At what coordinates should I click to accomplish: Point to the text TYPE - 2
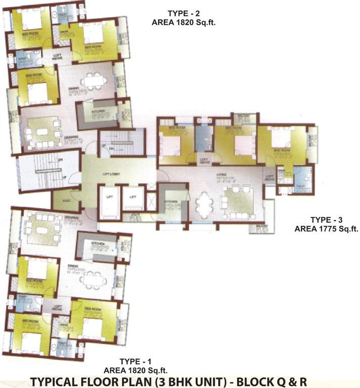pyautogui.click(x=175, y=13)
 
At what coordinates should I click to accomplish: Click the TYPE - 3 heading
pyautogui.click(x=326, y=220)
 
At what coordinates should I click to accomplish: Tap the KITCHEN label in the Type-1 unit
pyautogui.click(x=97, y=243)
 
